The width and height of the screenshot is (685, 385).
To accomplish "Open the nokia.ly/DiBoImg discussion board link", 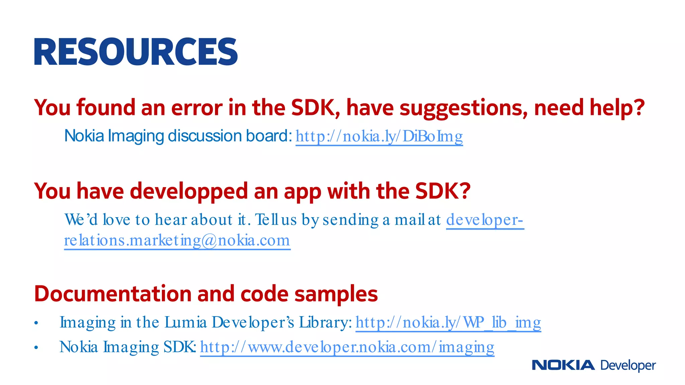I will [x=379, y=136].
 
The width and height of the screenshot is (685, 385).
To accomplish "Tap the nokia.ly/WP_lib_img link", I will [x=448, y=323].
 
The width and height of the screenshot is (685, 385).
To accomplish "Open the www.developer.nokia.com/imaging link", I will [x=347, y=347].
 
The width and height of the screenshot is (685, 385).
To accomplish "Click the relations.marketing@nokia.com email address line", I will [x=177, y=241].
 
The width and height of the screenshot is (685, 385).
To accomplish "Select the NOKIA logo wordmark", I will [x=563, y=365].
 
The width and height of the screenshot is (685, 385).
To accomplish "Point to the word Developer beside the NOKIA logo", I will [x=628, y=366].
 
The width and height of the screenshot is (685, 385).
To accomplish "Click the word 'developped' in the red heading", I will [x=189, y=191].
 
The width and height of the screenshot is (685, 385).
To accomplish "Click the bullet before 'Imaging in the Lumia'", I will [x=36, y=323].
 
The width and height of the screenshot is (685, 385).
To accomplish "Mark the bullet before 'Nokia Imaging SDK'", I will [x=36, y=348].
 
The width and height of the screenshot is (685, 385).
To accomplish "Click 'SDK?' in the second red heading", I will [x=443, y=191].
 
